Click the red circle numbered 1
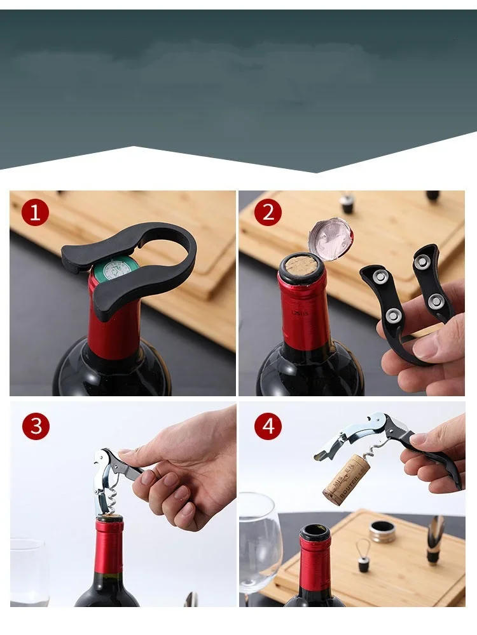(x=35, y=212)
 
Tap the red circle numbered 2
(x=268, y=212)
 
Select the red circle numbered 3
(x=35, y=426)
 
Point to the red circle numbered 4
(x=268, y=426)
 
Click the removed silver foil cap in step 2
(x=330, y=238)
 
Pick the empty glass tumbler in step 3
(x=29, y=571)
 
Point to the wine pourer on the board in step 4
(x=436, y=540)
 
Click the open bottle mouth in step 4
(x=315, y=531)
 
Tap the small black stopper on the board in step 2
(x=347, y=203)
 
